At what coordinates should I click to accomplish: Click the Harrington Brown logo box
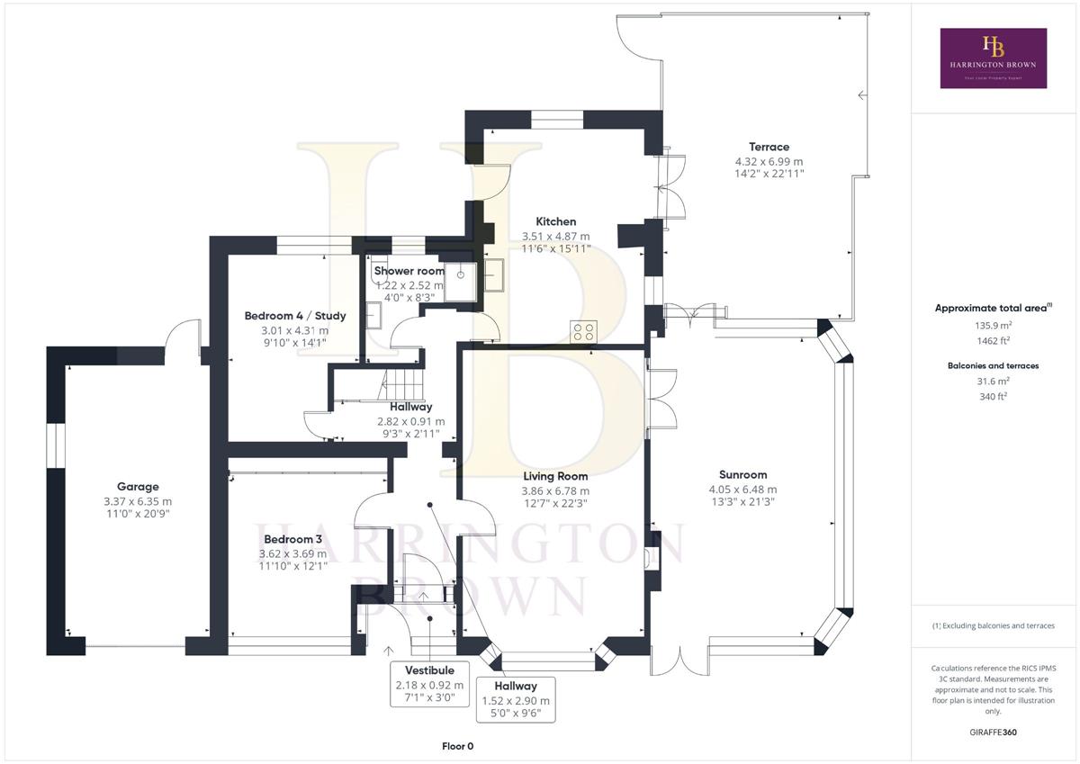994,58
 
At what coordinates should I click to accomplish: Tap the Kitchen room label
556,221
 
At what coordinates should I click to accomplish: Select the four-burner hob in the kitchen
583,332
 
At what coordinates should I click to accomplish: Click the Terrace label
769,147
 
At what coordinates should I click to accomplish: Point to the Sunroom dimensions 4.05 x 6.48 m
743,490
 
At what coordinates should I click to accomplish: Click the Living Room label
555,476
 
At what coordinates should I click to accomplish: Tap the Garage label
138,487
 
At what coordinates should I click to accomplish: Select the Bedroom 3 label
292,539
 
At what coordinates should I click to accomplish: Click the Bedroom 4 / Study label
295,316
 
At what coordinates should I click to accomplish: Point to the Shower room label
409,271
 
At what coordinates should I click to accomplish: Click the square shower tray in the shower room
461,282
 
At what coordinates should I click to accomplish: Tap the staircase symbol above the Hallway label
402,384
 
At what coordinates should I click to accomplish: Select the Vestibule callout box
429,685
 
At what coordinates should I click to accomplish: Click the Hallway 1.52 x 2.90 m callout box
516,700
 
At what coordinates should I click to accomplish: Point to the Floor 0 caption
457,746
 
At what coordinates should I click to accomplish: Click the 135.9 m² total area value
994,326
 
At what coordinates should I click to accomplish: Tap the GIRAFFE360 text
994,733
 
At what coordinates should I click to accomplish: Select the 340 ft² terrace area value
994,397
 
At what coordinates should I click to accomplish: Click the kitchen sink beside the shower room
494,275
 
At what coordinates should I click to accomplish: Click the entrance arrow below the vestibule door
388,652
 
